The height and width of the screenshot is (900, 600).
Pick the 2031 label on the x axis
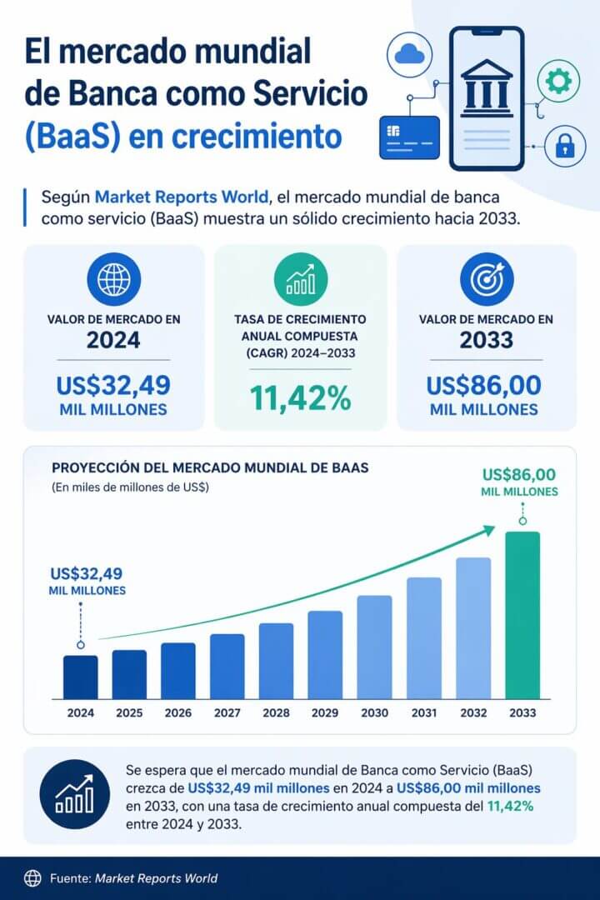[423, 713]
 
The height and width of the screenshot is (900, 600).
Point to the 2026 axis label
[178, 713]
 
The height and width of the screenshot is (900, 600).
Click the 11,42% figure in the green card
[301, 399]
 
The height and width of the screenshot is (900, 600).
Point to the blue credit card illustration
[408, 137]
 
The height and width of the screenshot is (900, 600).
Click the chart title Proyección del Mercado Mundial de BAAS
[210, 468]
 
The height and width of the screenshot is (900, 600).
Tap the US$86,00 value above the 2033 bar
[519, 476]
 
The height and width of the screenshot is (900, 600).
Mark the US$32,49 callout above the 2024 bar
[87, 573]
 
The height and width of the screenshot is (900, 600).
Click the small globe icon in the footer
[32, 877]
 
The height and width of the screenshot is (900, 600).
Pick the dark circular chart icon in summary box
[74, 794]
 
